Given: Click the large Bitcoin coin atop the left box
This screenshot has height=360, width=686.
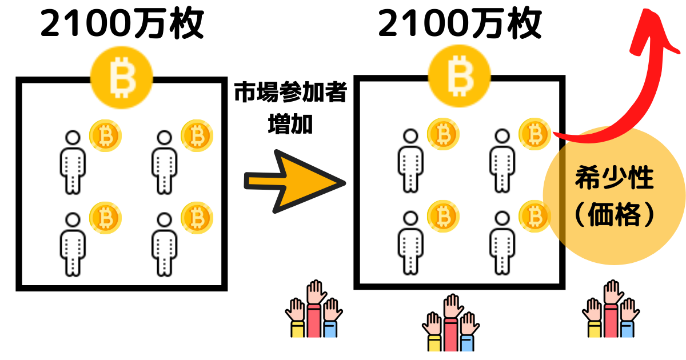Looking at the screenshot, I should pyautogui.click(x=121, y=78).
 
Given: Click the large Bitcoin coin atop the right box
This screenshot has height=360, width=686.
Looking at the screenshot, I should pyautogui.click(x=458, y=78).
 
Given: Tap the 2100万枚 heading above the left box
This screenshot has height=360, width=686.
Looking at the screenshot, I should pyautogui.click(x=122, y=24).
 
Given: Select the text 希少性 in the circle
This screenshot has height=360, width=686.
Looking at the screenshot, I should pyautogui.click(x=613, y=179).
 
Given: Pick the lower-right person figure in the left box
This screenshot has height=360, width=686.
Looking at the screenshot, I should pyautogui.click(x=163, y=243).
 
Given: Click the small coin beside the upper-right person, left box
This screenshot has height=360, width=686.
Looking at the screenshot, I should pyautogui.click(x=197, y=136).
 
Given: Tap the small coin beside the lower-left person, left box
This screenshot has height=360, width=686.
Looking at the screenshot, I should pyautogui.click(x=105, y=218).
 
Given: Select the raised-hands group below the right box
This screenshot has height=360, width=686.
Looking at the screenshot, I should pyautogui.click(x=450, y=323).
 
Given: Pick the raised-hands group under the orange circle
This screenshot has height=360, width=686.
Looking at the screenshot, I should pyautogui.click(x=611, y=309).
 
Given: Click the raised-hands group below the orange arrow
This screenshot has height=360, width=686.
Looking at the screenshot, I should pyautogui.click(x=313, y=309).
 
